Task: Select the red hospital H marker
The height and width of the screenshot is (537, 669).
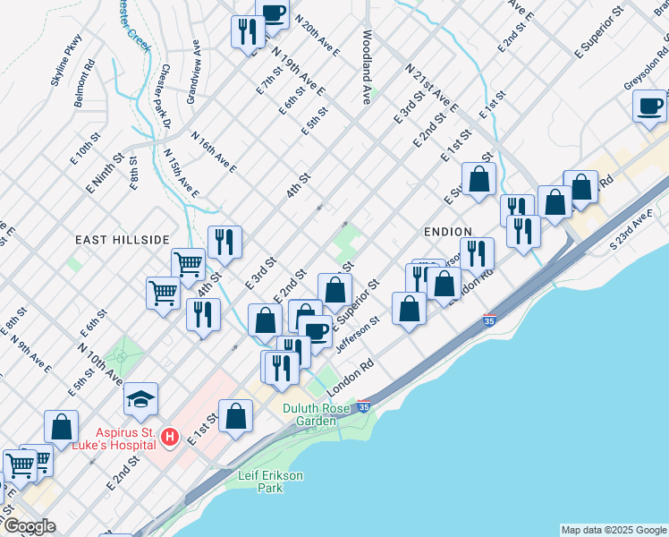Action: [x=170, y=438]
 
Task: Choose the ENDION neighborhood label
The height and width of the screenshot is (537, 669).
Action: [x=448, y=231]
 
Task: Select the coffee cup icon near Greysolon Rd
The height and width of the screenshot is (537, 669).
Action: [x=649, y=106]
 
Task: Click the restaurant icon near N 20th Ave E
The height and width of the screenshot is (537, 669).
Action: [x=245, y=32]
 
